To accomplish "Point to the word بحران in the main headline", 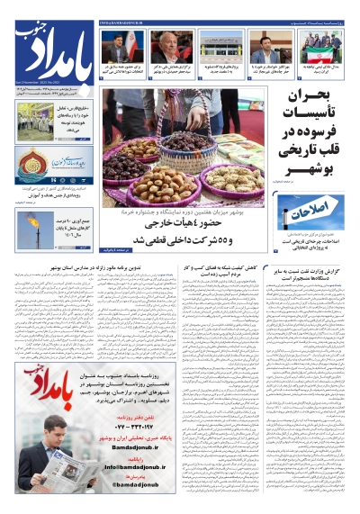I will (319, 97).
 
